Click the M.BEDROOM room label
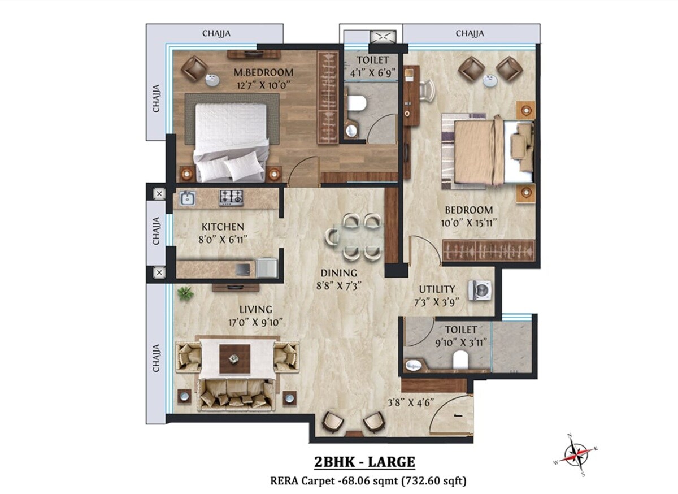point(263,72)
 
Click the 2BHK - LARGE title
point(364,461)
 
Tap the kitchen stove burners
point(231,197)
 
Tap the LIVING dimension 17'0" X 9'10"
point(256,323)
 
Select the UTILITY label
point(437,289)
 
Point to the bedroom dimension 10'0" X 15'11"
point(467,223)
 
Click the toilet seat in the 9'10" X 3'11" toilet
point(461,358)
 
